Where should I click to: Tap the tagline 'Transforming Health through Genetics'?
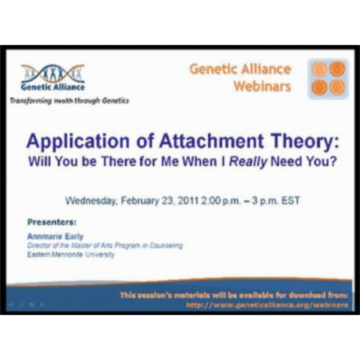coord(70,101)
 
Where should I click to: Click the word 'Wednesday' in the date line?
coord(100,198)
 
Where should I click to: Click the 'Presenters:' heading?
coord(51,220)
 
